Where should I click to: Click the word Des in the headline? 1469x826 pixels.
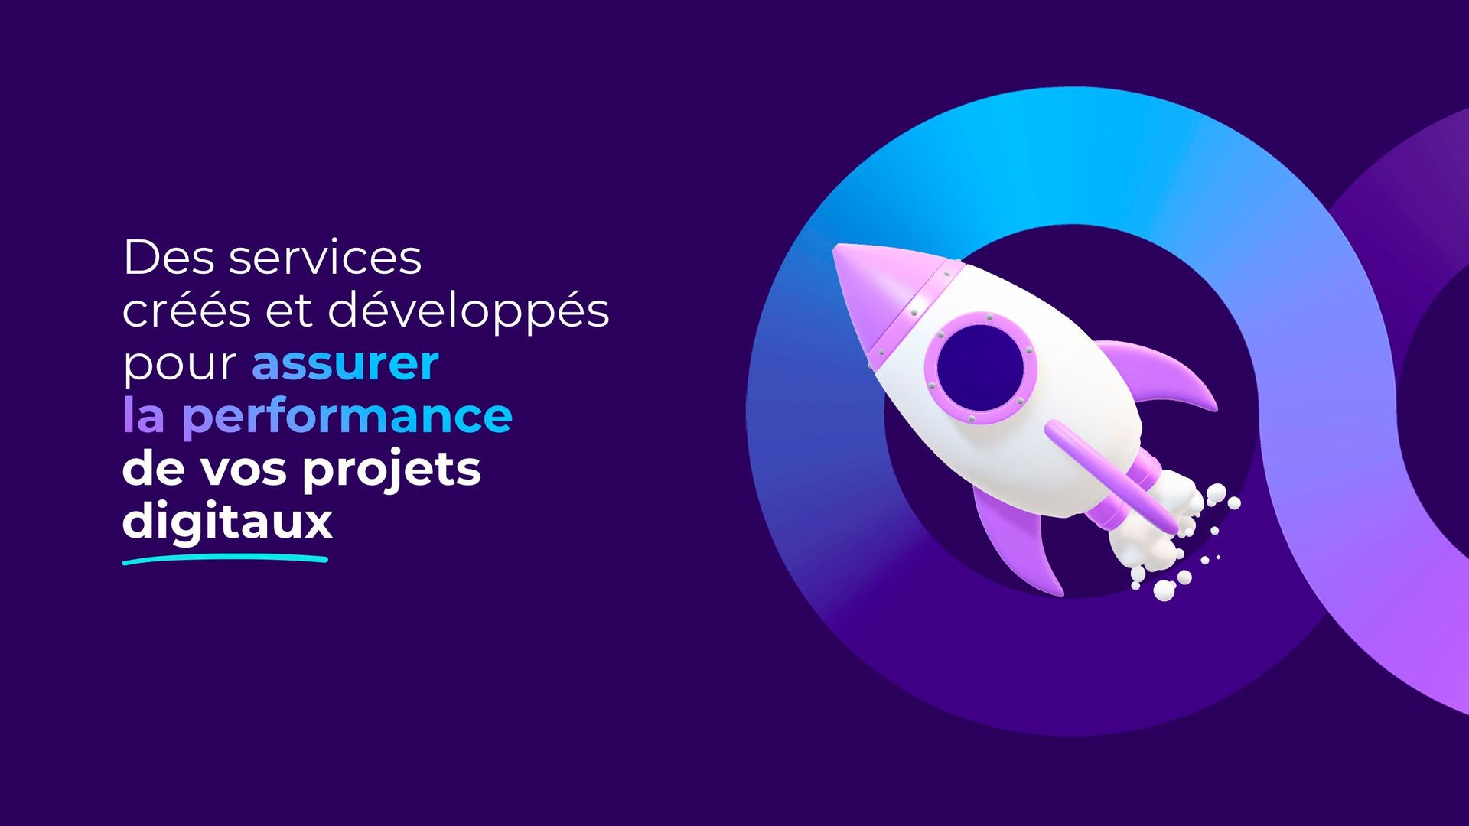170,257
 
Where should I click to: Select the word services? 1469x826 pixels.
326,257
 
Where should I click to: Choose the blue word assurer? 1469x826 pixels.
346,364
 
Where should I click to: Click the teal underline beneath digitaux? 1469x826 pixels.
225,560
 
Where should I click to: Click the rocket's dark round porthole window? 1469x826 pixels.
980,366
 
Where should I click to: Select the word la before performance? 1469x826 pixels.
144,415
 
